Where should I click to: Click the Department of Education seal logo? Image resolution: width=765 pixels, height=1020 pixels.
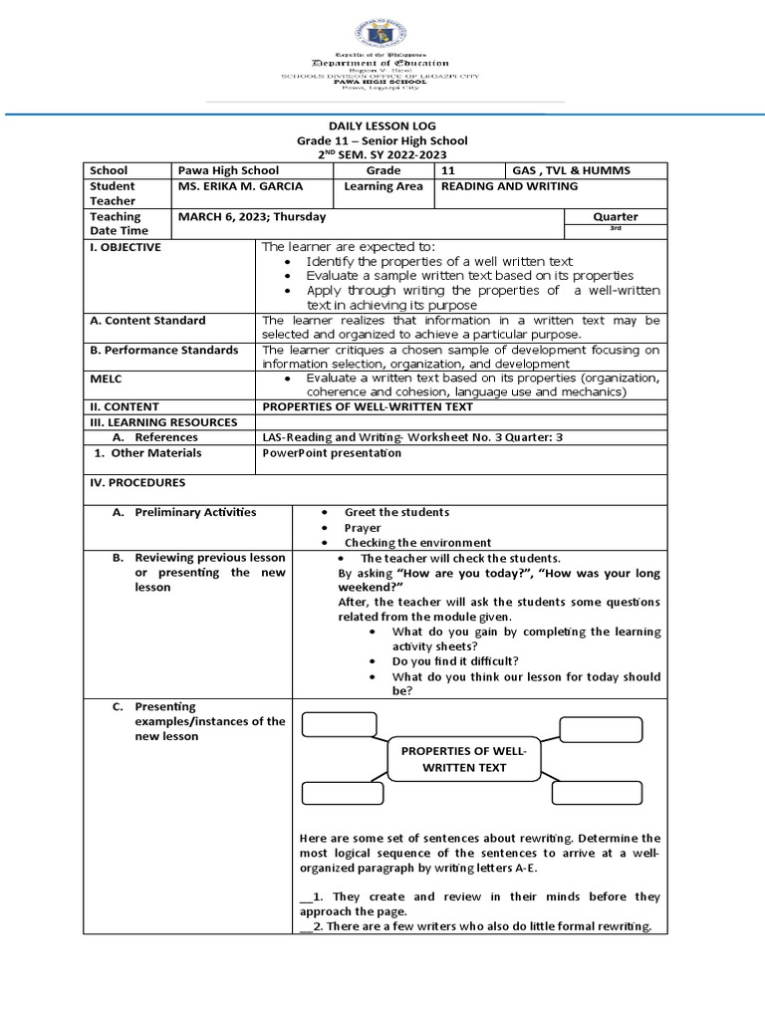click(382, 26)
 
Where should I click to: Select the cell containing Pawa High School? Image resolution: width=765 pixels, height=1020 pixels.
click(228, 170)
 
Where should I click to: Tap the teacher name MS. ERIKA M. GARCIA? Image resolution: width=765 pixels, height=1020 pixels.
click(239, 186)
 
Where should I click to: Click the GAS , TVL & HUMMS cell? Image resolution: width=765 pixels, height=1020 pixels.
click(571, 170)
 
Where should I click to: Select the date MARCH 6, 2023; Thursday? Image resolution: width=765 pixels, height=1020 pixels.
click(252, 216)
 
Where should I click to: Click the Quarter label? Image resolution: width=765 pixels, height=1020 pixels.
click(615, 216)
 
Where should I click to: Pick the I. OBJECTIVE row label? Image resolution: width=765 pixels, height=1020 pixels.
click(125, 247)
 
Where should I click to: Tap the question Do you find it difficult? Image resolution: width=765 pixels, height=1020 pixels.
click(455, 660)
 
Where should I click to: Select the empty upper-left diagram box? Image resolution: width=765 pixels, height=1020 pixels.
click(340, 724)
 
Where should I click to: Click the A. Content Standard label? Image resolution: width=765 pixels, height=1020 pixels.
click(147, 321)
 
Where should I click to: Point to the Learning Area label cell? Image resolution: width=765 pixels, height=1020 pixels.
click(383, 186)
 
